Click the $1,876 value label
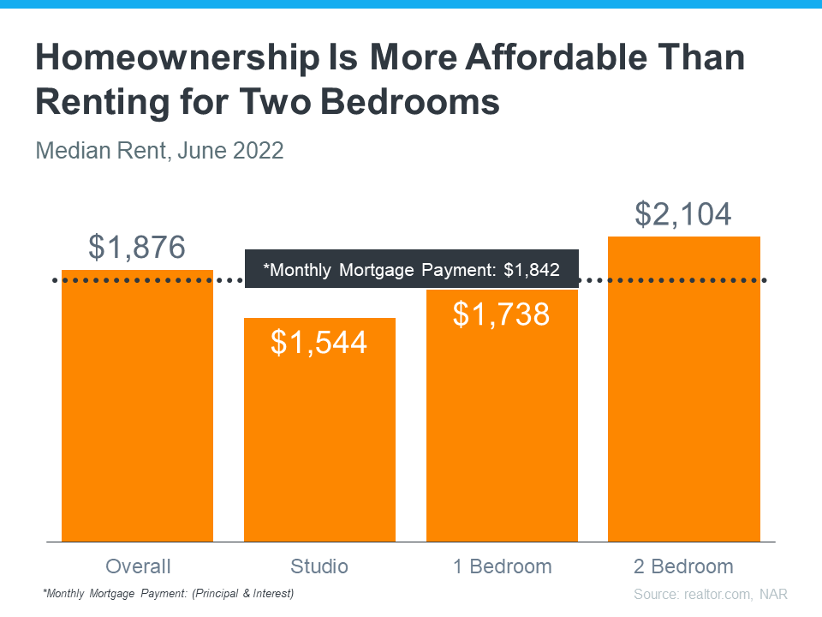click(x=137, y=248)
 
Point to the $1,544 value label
click(x=319, y=342)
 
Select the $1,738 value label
click(x=502, y=314)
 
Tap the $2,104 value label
click(x=683, y=213)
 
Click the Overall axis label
click(x=138, y=566)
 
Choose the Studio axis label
click(x=319, y=566)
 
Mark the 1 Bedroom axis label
click(x=502, y=566)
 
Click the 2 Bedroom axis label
click(x=683, y=566)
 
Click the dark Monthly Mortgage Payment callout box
click(x=412, y=270)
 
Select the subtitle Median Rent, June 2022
click(x=159, y=152)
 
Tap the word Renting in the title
click(x=97, y=102)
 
